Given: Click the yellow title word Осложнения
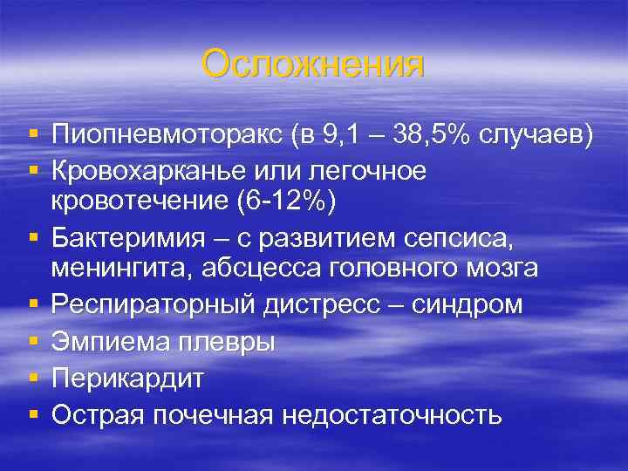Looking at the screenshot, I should (312, 65).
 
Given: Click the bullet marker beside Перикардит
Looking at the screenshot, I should (33, 379).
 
